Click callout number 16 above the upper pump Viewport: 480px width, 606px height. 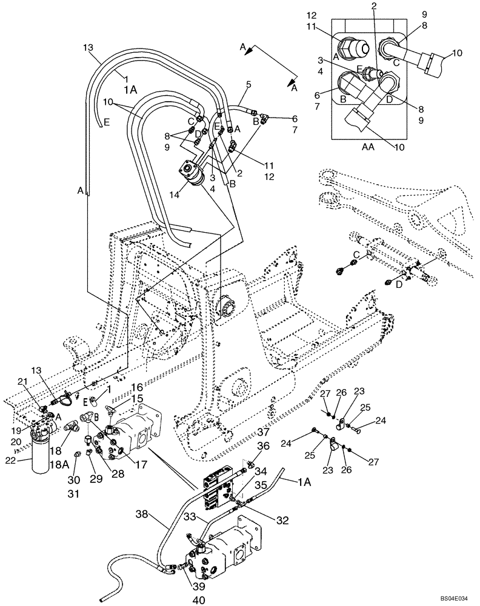(136, 387)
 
